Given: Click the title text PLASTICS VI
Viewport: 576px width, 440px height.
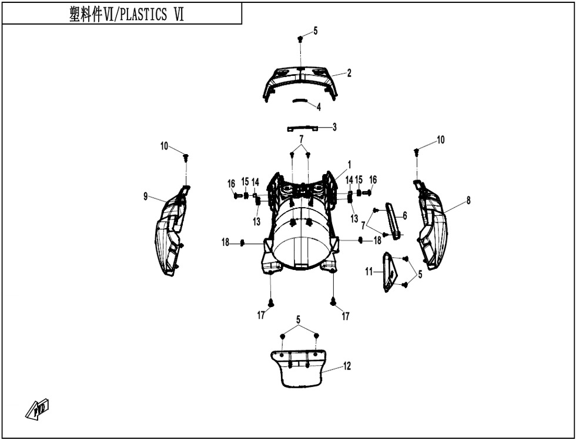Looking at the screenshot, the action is click(x=152, y=15).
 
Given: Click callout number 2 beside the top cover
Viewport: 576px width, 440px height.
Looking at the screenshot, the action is click(x=349, y=73).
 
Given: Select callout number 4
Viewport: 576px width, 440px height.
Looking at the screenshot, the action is click(x=319, y=107).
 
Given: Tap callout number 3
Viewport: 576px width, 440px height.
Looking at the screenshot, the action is click(x=334, y=127).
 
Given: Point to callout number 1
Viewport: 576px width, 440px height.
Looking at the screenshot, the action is click(x=349, y=164).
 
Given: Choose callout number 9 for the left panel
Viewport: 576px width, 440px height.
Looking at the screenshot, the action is click(x=146, y=196).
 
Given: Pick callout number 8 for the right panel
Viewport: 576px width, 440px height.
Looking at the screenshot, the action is click(x=468, y=201).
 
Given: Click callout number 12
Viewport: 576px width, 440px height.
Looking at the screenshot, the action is click(x=347, y=366).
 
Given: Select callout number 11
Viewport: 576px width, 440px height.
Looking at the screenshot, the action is click(x=369, y=272).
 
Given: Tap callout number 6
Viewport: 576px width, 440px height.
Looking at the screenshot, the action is click(x=405, y=215).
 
